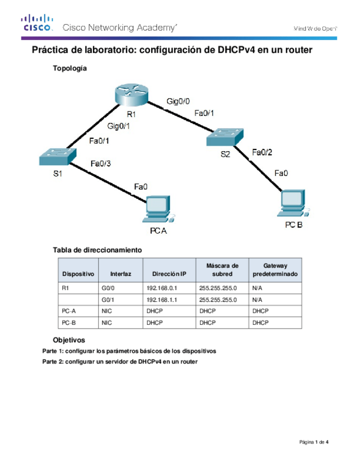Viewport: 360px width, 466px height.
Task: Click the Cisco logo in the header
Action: (x=37, y=24)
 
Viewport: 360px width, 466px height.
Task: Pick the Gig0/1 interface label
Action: (x=119, y=126)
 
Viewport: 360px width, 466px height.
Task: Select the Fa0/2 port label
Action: (x=261, y=152)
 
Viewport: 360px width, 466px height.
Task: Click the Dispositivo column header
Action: (x=78, y=274)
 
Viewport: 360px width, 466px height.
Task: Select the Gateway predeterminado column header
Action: (x=275, y=269)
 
